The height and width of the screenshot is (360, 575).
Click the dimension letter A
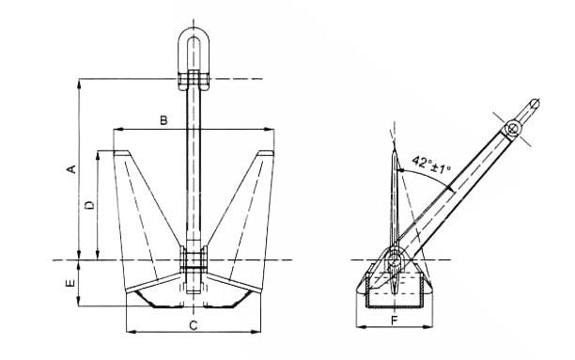pyautogui.click(x=70, y=168)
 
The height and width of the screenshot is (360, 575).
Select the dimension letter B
pyautogui.click(x=163, y=120)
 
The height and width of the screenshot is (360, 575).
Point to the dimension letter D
pyautogui.click(x=88, y=204)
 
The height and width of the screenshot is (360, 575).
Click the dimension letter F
pyautogui.click(x=393, y=321)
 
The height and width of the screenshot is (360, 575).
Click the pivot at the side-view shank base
pyautogui.click(x=394, y=259)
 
